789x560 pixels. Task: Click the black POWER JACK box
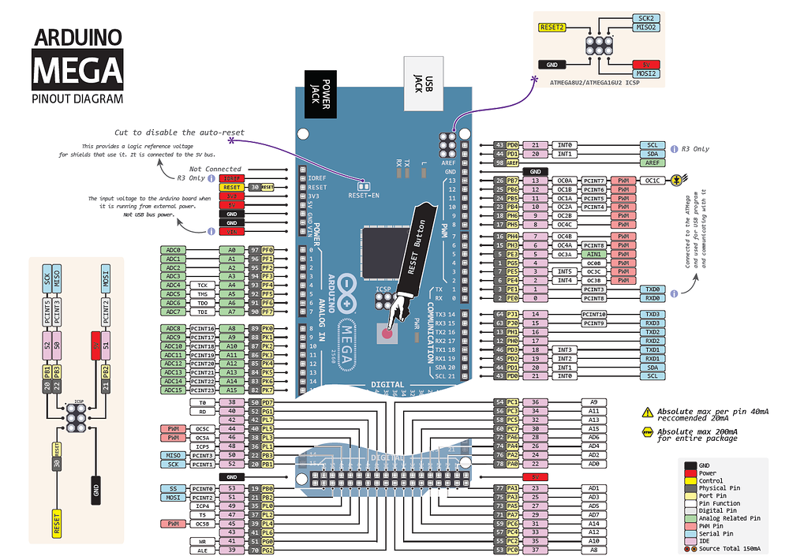tap(321, 94)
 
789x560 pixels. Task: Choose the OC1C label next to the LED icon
tap(652, 181)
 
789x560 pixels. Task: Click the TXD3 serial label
tap(652, 315)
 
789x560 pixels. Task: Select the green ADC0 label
tap(174, 250)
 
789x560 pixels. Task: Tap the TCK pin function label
tap(202, 285)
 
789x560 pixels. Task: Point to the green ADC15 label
tap(174, 390)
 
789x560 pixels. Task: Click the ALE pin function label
tap(203, 551)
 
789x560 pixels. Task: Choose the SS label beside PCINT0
tap(174, 489)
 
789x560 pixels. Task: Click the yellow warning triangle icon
tap(648, 412)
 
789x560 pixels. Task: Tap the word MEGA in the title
tap(77, 69)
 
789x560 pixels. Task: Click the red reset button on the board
tap(387, 332)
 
